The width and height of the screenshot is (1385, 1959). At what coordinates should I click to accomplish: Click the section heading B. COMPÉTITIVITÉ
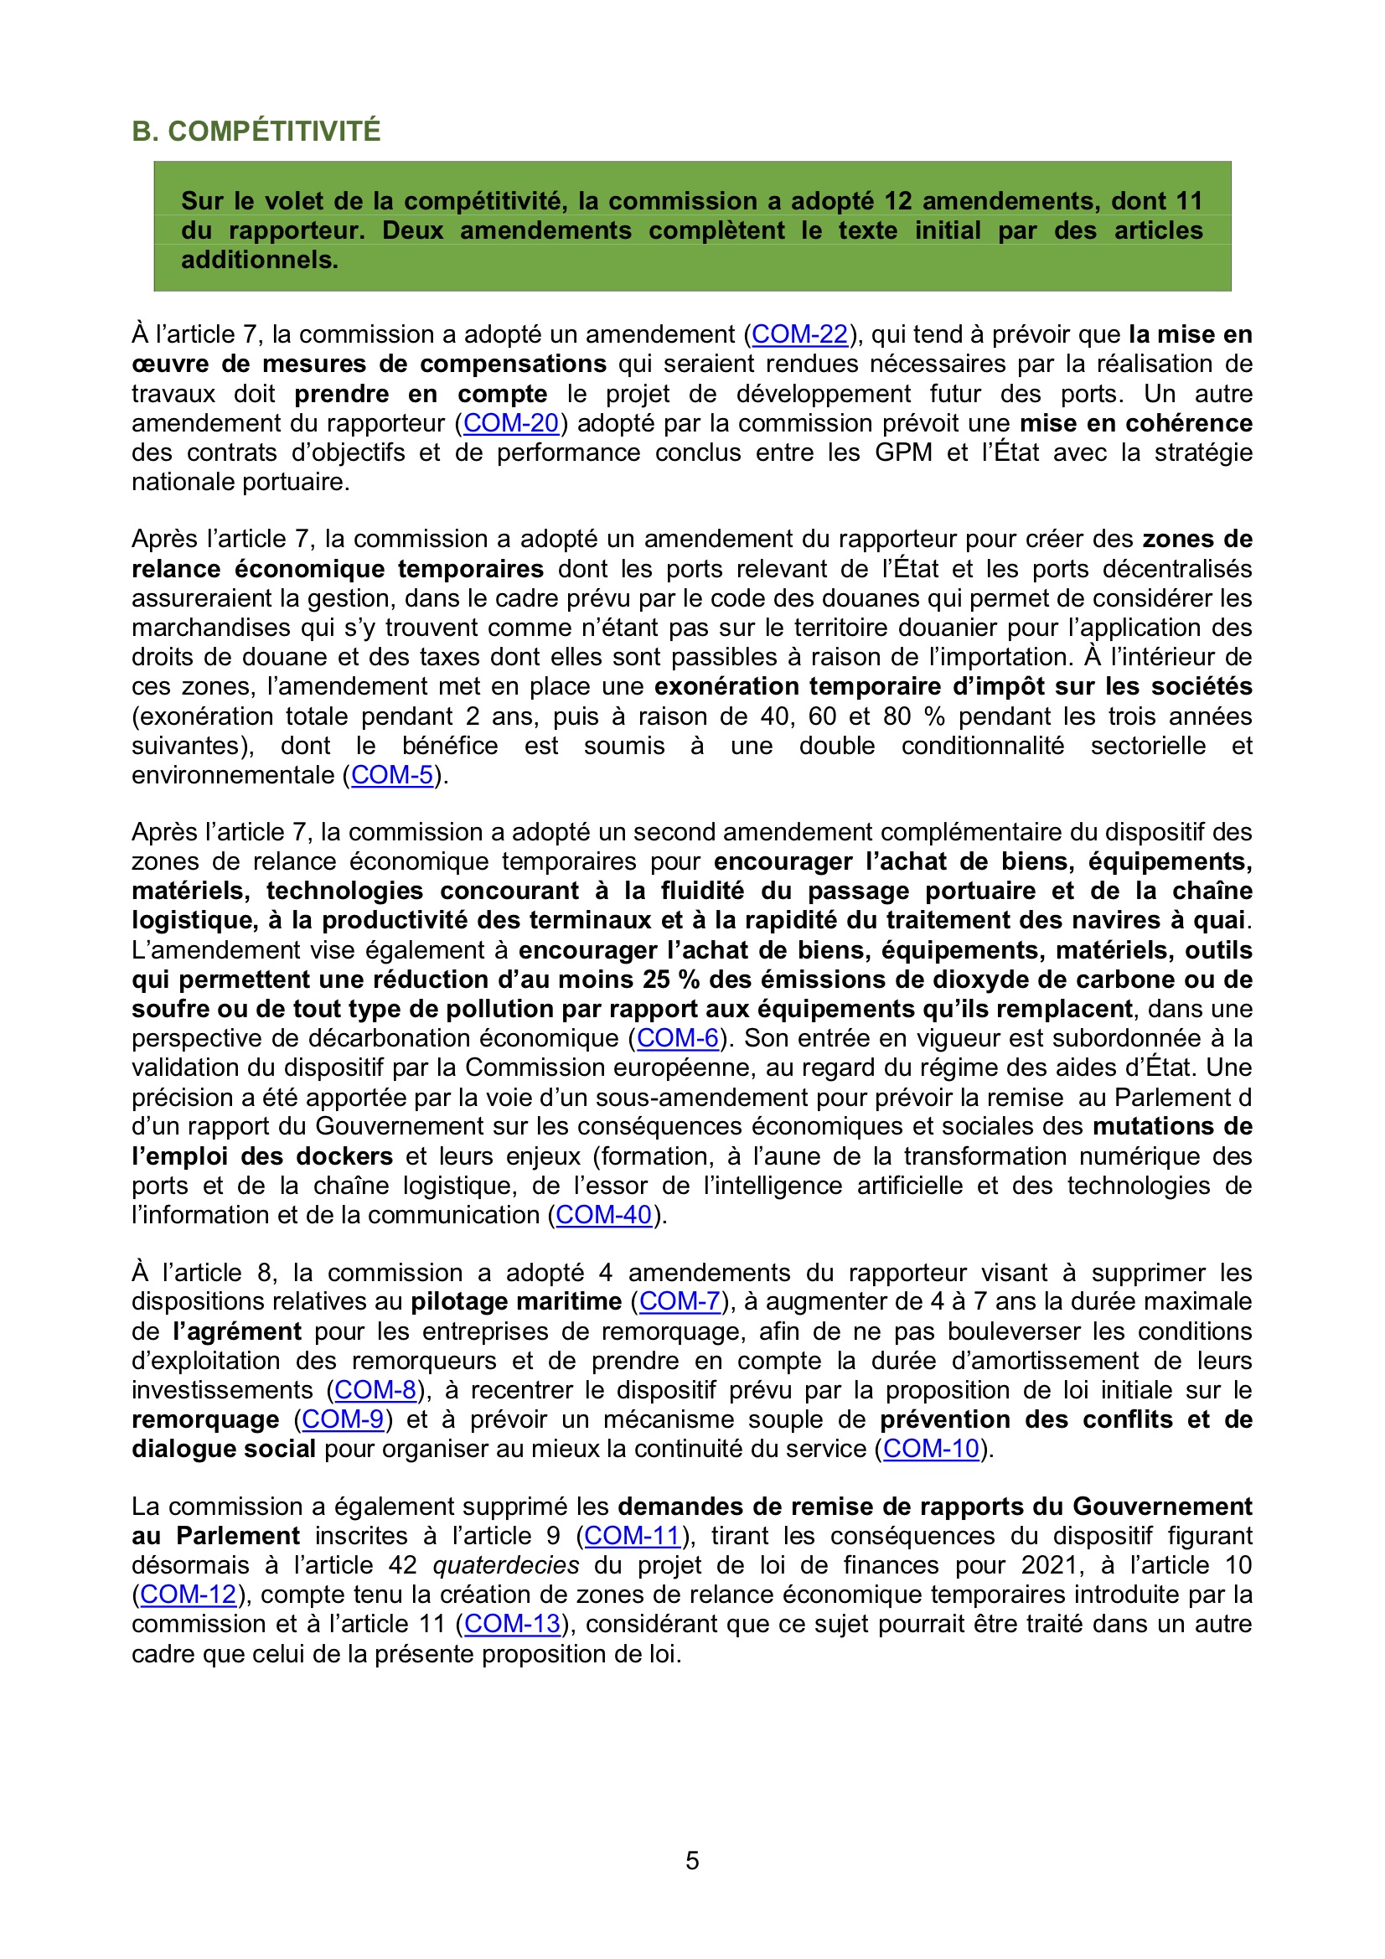[x=256, y=131]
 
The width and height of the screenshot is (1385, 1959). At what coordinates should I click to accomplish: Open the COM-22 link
[x=799, y=334]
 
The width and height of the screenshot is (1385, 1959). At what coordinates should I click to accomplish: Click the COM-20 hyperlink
[x=510, y=423]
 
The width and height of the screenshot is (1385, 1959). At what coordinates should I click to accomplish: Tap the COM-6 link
[x=678, y=1038]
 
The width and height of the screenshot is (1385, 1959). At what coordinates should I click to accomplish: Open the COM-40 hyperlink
[x=603, y=1215]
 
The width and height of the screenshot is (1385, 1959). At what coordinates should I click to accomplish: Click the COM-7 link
[x=680, y=1301]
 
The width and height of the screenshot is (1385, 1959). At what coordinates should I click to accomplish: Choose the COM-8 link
[x=375, y=1390]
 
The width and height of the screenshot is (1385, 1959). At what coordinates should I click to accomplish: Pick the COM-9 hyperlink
[x=343, y=1419]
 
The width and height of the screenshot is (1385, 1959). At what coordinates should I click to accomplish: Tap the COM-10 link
[x=931, y=1449]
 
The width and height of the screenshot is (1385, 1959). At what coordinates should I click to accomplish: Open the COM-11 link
[x=633, y=1536]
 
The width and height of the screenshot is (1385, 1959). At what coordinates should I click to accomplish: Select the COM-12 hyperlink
[x=188, y=1595]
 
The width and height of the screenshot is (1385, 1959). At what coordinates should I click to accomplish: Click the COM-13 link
[x=512, y=1624]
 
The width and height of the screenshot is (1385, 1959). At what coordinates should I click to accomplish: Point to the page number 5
[x=692, y=1860]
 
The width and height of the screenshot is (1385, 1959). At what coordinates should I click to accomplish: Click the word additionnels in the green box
[x=260, y=260]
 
